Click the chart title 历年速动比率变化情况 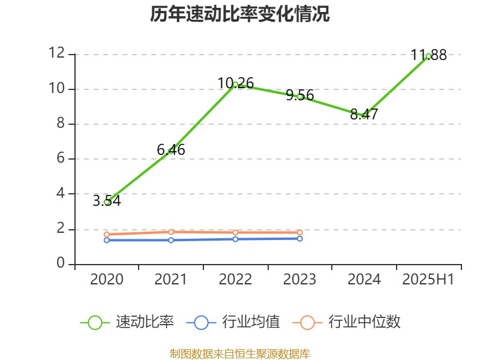pos(239,14)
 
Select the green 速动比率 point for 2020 pos(106,202)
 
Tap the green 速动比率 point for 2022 pos(235,85)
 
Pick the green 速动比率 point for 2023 pos(300,97)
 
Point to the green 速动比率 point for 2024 pos(364,115)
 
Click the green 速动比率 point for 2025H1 pos(428,56)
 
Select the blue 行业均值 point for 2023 pos(300,238)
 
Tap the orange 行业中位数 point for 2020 pos(106,234)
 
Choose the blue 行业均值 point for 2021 pos(171,240)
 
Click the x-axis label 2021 pos(171,280)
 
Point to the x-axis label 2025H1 pos(428,280)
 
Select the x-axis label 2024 pos(364,280)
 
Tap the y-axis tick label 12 pos(56,53)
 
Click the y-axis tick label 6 pos(61,158)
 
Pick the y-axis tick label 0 pos(61,263)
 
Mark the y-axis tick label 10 pos(56,89)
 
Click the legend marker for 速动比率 pos(95,322)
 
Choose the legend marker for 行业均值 pos(201,322)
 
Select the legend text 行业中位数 pos(364,322)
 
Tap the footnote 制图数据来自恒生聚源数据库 pos(239,354)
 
